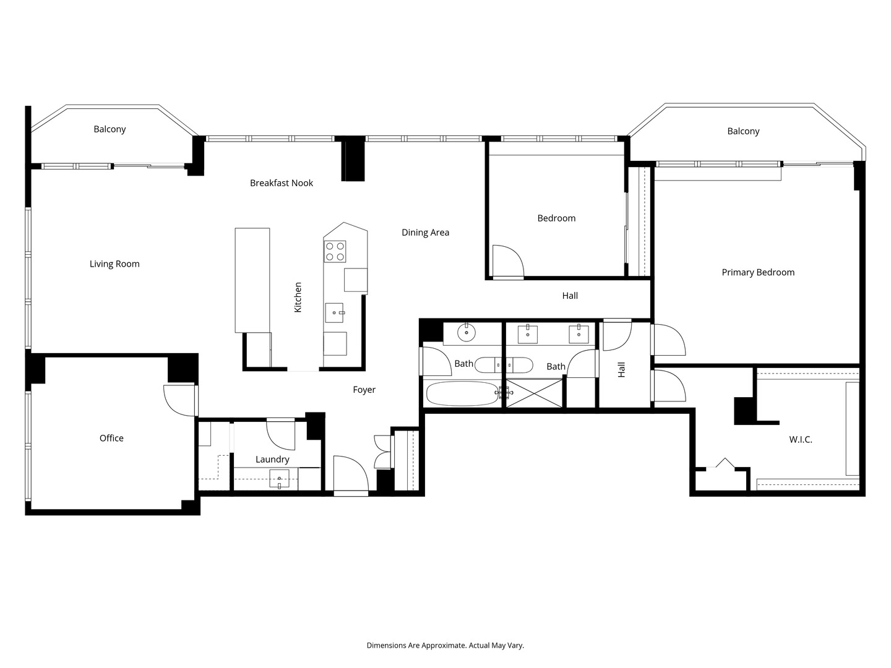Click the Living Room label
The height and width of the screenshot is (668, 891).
[114, 264]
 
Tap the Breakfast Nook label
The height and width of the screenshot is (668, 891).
[282, 183]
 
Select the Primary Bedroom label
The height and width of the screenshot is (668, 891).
[758, 272]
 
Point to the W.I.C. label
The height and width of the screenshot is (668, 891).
[801, 440]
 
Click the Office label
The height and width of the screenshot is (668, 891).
[111, 438]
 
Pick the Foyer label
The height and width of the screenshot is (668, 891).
[364, 390]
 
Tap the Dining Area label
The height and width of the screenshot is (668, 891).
[425, 233]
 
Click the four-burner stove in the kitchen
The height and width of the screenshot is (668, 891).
[335, 251]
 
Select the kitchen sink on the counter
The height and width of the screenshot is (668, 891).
[335, 313]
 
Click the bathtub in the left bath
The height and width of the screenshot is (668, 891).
[462, 393]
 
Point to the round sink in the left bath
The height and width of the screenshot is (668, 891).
[465, 333]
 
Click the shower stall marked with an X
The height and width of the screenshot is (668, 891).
[535, 393]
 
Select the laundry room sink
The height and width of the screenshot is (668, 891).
[280, 479]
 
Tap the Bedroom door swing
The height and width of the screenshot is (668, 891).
[507, 261]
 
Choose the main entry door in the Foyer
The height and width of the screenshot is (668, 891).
[350, 475]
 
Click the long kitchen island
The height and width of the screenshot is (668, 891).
[252, 280]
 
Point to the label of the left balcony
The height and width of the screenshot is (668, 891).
[110, 129]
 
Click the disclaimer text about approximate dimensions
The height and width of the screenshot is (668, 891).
[445, 645]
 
